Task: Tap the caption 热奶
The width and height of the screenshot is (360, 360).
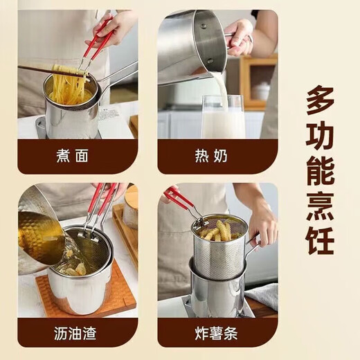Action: (x=216, y=156)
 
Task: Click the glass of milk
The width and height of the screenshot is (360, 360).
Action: (x=224, y=118)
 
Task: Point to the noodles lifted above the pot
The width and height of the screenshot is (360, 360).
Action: (x=69, y=73)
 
